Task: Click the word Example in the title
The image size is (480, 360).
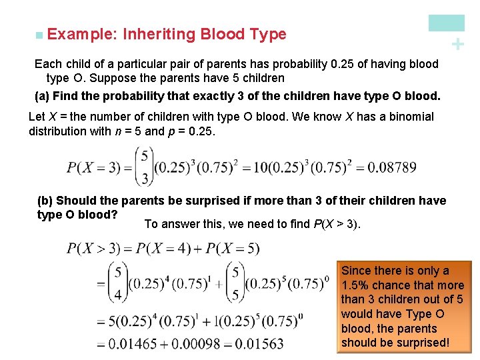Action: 73,34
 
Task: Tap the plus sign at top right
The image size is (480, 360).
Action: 457,44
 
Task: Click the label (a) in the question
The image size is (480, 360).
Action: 42,95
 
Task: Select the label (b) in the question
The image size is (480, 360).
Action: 45,201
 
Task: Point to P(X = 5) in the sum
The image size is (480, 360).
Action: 233,249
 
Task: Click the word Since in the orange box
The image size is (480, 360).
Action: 357,271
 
